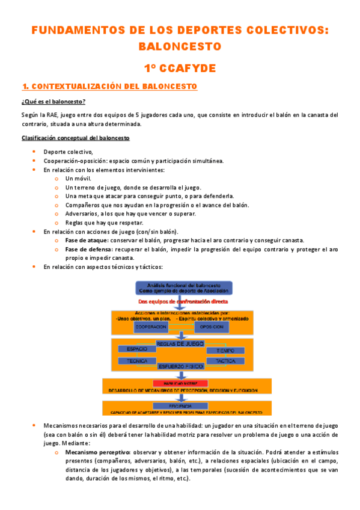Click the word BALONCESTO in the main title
[180, 46]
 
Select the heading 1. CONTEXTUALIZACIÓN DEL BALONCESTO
[109, 87]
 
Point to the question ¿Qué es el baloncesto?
[53, 101]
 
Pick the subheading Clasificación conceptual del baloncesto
[75, 138]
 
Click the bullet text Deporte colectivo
[68, 152]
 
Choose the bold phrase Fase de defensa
[88, 249]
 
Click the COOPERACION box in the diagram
[151, 327]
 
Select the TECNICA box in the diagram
[133, 361]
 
